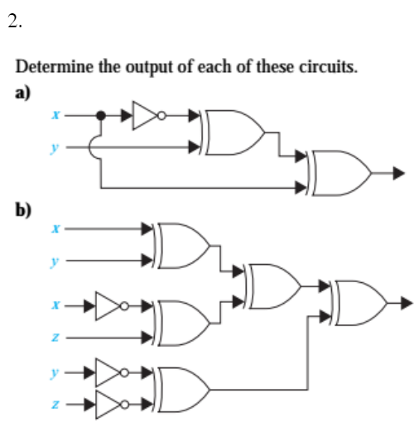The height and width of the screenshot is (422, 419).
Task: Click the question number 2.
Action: (15, 22)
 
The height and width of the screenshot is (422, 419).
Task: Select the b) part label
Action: (24, 209)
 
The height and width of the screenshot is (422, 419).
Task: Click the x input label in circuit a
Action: (55, 117)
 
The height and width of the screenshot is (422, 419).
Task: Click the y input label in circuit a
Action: (55, 147)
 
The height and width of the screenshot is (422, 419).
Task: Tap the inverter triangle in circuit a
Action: (146, 117)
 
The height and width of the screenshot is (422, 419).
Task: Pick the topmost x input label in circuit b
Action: (55, 226)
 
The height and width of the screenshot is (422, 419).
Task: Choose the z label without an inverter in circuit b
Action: (55, 337)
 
